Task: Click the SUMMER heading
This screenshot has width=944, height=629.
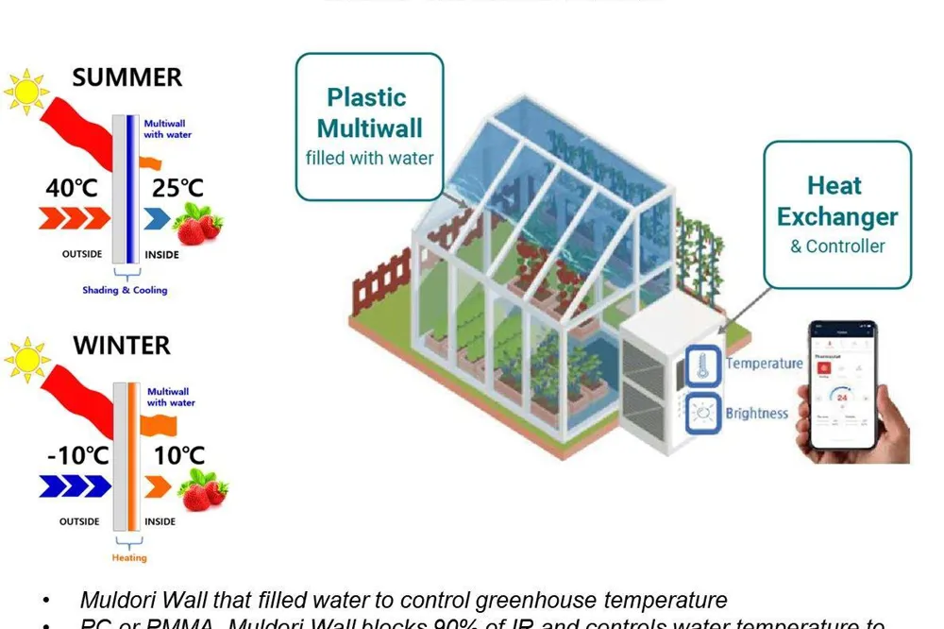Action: (x=126, y=77)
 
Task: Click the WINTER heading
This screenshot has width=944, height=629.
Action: (x=122, y=345)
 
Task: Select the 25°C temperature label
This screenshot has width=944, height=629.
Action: (x=177, y=188)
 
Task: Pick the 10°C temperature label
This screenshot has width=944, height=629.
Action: (x=178, y=456)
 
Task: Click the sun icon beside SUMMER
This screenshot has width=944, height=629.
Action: (x=25, y=91)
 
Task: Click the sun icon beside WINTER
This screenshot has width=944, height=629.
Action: (x=25, y=359)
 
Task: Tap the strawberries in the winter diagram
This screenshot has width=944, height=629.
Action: (x=203, y=492)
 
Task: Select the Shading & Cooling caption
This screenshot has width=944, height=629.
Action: (x=125, y=290)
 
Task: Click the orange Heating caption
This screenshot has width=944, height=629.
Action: (x=129, y=557)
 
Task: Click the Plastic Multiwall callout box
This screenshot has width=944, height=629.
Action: (x=369, y=127)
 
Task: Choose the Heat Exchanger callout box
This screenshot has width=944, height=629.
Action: (x=836, y=214)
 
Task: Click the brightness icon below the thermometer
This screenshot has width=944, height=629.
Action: (x=702, y=414)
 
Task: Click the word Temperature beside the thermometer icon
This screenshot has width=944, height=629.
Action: (x=764, y=364)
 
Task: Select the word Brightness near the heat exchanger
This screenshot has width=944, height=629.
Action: (x=756, y=414)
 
